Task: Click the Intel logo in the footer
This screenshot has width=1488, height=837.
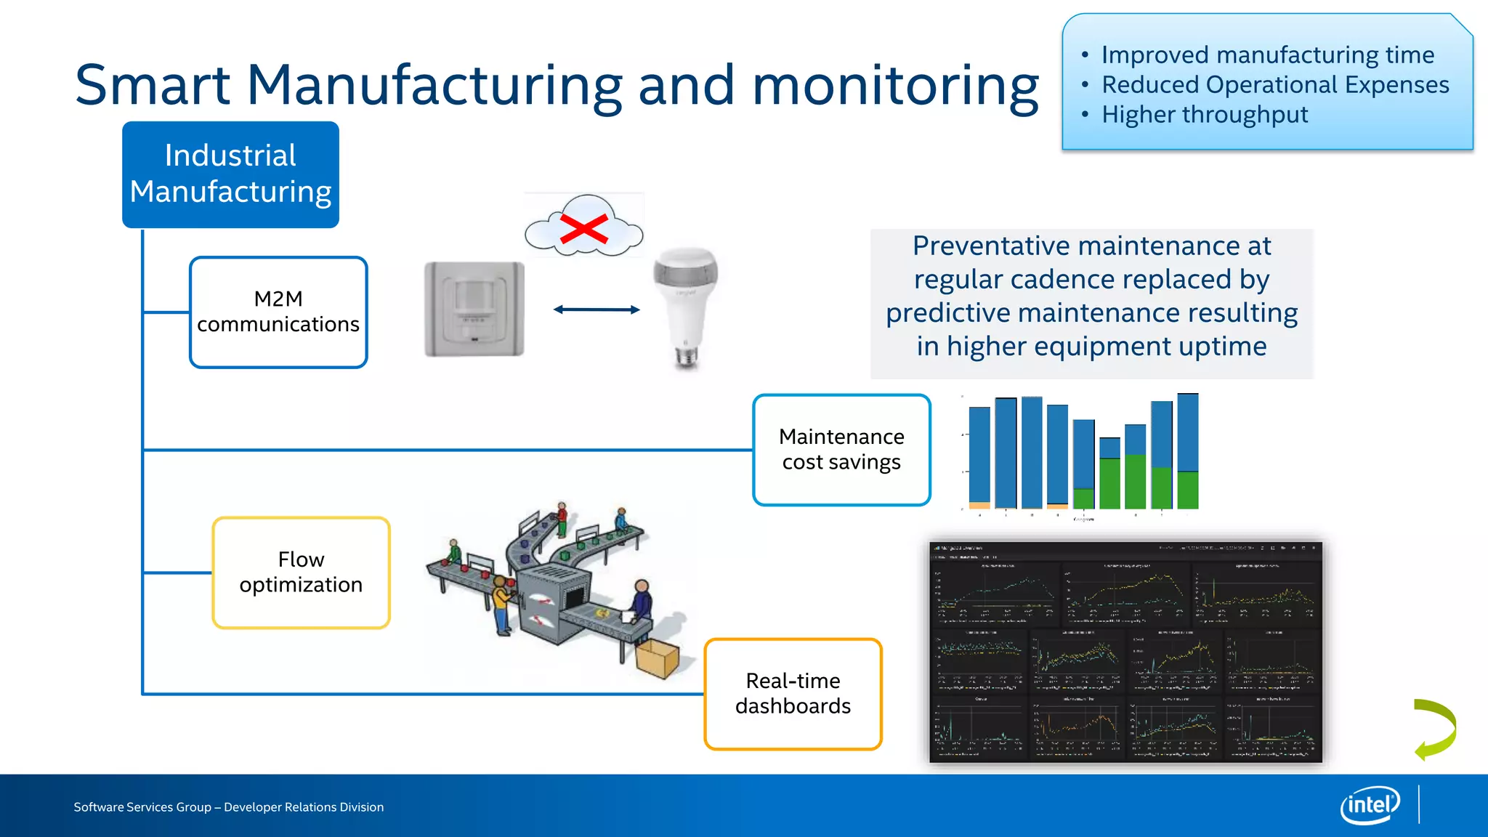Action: coord(1370,805)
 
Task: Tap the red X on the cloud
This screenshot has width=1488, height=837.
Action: coord(583,230)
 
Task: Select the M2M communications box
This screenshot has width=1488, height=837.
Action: coord(278,312)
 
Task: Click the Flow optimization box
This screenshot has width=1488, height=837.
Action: coord(301,573)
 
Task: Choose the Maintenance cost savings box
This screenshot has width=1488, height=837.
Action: coord(841,450)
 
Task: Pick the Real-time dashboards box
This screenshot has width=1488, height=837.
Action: coord(793,694)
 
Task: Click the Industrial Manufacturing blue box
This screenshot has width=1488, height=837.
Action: coord(230,174)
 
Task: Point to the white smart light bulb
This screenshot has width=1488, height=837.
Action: coord(686,305)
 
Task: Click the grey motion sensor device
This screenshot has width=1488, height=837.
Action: coord(474,309)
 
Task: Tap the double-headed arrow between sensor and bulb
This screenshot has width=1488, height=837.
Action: coord(597,310)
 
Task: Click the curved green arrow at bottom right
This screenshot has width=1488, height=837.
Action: coord(1436,729)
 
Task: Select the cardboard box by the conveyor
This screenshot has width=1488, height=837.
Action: coord(657,658)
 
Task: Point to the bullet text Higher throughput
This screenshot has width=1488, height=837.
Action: coord(1204,115)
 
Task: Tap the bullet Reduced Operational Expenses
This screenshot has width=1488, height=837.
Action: coord(1275,85)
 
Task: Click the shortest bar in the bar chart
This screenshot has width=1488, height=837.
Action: coord(1109,474)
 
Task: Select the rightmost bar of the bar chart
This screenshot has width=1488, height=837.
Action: coord(1187,450)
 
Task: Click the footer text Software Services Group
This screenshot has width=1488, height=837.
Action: coord(142,807)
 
